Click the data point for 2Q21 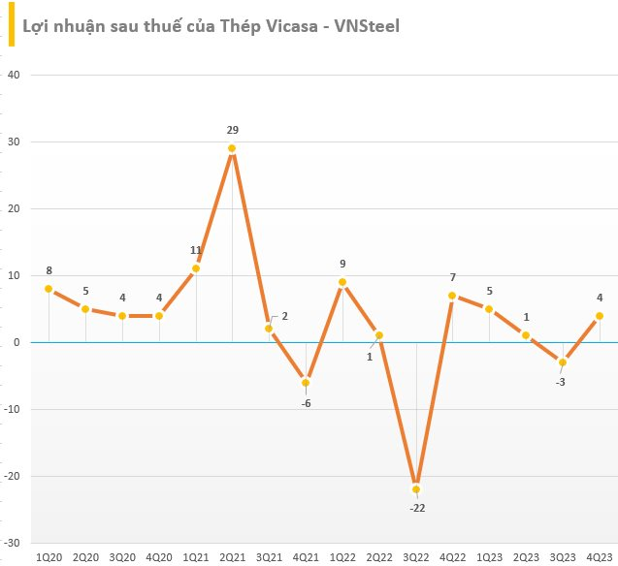click(232, 148)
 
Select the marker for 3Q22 click(416, 489)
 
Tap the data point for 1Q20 click(49, 289)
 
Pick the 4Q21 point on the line click(306, 382)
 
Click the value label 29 click(232, 130)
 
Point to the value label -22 click(416, 507)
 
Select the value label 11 click(195, 250)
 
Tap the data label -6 click(306, 401)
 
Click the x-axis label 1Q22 click(342, 557)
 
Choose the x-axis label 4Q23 click(600, 557)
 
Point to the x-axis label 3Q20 click(122, 557)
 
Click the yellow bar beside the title click(13, 25)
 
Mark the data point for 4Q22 click(453, 296)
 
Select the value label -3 click(563, 380)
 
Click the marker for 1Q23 click(490, 309)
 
